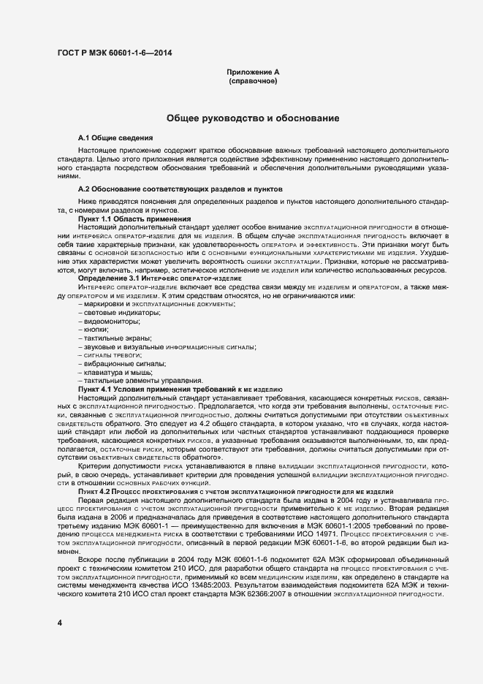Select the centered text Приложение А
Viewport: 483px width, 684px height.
253,72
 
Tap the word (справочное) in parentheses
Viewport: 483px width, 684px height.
253,81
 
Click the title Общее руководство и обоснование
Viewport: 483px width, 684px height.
253,117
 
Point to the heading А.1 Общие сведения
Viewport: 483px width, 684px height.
115,137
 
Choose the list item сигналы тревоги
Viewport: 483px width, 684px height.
108,354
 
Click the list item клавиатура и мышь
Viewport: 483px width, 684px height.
113,372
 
